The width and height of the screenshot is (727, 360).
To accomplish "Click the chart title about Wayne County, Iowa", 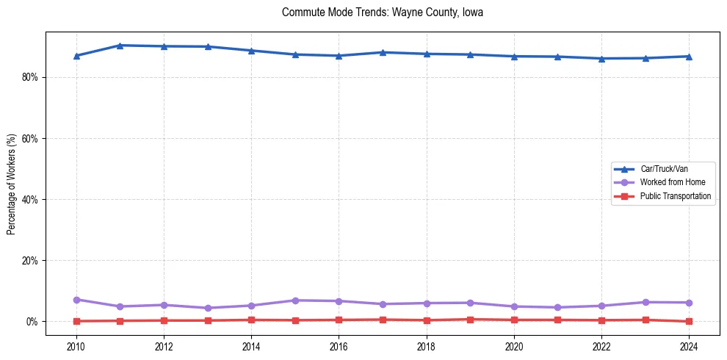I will pyautogui.click(x=382, y=12).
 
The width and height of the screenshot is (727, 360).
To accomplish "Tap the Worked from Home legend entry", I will pyautogui.click(x=672, y=182).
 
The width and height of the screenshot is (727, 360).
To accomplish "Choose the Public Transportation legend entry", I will pyautogui.click(x=675, y=196).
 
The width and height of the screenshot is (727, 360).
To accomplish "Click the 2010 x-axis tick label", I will pyautogui.click(x=76, y=346).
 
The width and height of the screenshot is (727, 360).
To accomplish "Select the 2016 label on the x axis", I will pyautogui.click(x=339, y=346).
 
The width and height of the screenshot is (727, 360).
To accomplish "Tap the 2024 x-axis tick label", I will pyautogui.click(x=689, y=346).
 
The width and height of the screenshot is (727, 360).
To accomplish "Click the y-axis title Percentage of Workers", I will pyautogui.click(x=12, y=184).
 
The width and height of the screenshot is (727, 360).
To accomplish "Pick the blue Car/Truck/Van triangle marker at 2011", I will pyautogui.click(x=120, y=46).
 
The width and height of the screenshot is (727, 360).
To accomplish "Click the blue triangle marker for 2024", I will pyautogui.click(x=689, y=57).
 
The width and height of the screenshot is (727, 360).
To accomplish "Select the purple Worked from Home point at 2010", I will pyautogui.click(x=76, y=300).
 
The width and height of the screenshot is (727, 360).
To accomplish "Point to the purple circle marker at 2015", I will pyautogui.click(x=295, y=300).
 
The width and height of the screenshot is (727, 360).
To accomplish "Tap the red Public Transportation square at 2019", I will pyautogui.click(x=470, y=320).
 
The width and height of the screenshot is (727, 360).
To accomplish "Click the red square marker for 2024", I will pyautogui.click(x=689, y=321).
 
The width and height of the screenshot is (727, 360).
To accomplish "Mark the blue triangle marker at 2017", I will pyautogui.click(x=383, y=52).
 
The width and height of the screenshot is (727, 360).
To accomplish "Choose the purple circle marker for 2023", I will pyautogui.click(x=645, y=302).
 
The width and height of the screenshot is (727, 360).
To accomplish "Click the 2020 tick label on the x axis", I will pyautogui.click(x=514, y=346).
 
